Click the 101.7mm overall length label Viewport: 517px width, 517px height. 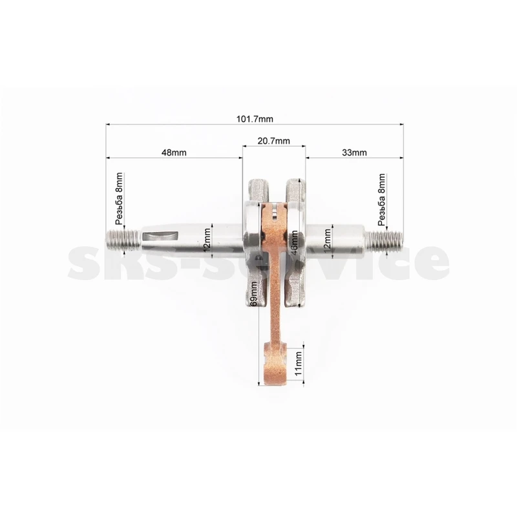point(255,119)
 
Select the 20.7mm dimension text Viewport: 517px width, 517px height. point(273,141)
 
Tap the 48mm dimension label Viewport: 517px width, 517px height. point(174,153)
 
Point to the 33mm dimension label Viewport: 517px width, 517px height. point(354,153)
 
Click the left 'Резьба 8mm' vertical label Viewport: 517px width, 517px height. point(119,199)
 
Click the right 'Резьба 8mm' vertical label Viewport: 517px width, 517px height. point(381,200)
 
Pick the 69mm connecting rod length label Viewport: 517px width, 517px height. point(254,294)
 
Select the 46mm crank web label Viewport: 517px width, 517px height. point(295,242)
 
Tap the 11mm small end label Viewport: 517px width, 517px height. point(298,363)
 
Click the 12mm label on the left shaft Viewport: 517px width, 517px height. point(207,240)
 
